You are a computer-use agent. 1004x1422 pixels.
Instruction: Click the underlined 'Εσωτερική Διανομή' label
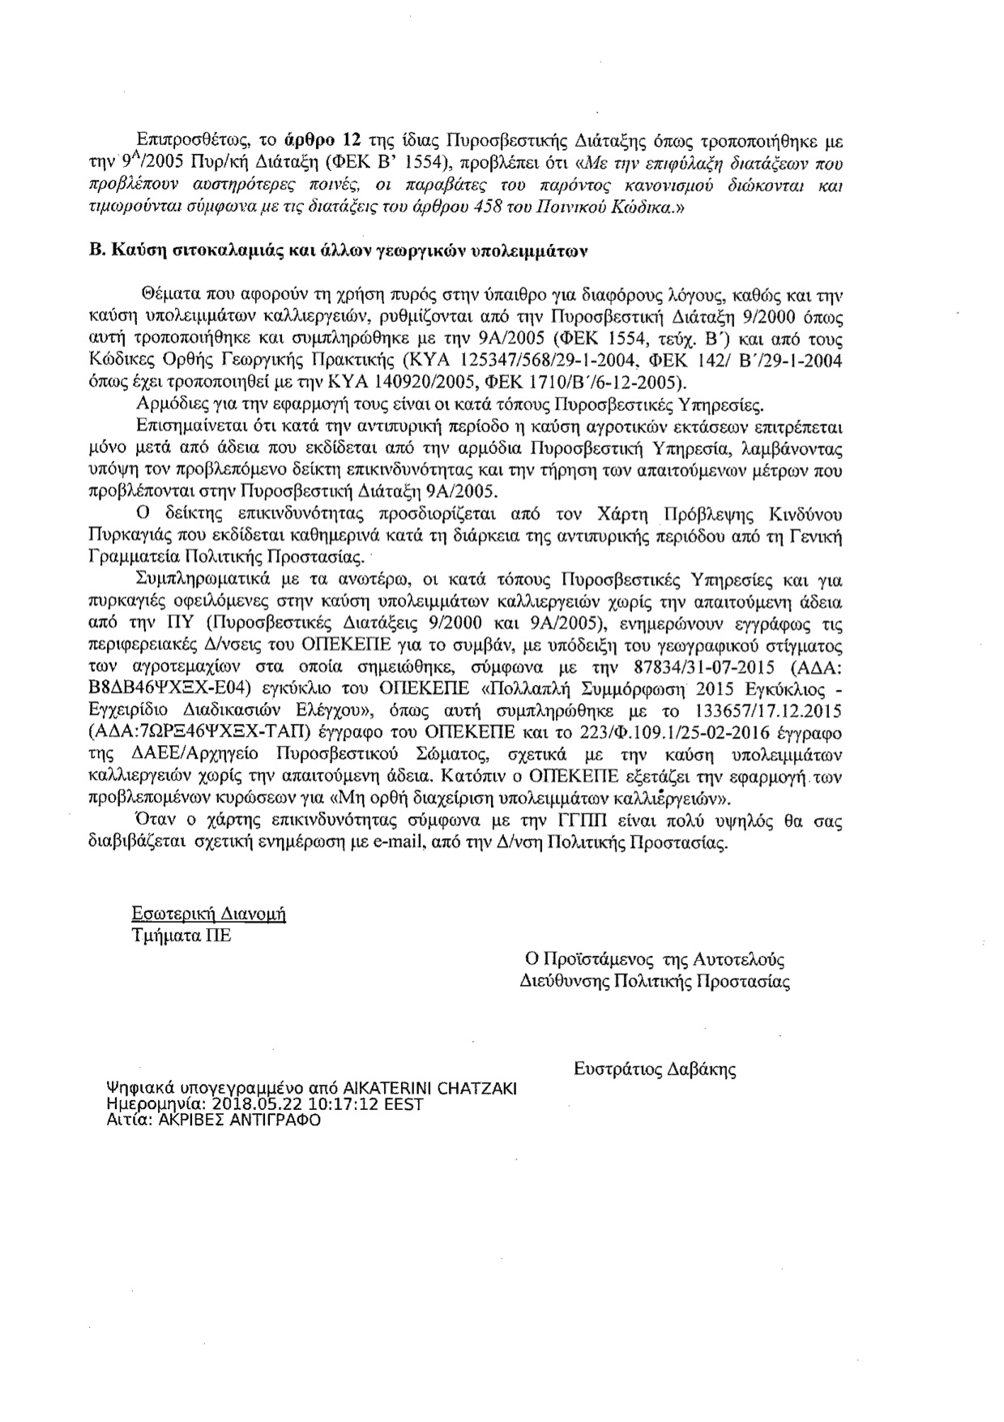click(x=209, y=914)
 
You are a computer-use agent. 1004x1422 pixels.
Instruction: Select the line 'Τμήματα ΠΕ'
click(x=181, y=935)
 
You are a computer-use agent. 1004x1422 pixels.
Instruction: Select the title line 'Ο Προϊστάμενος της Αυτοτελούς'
click(x=656, y=960)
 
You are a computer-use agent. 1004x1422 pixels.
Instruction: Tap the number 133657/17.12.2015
click(x=772, y=711)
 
